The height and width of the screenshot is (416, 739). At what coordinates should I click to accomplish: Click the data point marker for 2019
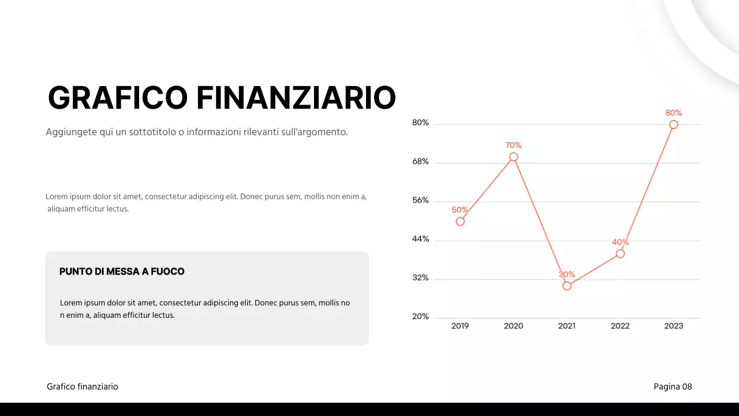pyautogui.click(x=460, y=221)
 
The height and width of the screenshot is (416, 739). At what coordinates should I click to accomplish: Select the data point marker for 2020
pyautogui.click(x=513, y=157)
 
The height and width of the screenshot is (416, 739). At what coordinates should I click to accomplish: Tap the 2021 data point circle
pyautogui.click(x=567, y=286)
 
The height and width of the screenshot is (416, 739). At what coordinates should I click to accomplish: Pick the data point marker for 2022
pyautogui.click(x=620, y=254)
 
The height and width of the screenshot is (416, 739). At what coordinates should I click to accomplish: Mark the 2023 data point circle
pyautogui.click(x=674, y=124)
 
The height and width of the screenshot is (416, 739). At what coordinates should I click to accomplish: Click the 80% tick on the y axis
pyautogui.click(x=420, y=122)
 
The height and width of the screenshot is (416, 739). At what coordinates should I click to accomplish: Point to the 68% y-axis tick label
pyautogui.click(x=420, y=162)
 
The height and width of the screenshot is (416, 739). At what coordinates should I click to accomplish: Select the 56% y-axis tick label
pyautogui.click(x=420, y=200)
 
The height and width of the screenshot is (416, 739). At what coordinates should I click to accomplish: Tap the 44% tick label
pyautogui.click(x=420, y=239)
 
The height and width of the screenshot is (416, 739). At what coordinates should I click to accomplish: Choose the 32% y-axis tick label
pyautogui.click(x=420, y=278)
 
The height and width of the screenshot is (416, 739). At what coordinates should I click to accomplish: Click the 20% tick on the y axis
pyautogui.click(x=420, y=317)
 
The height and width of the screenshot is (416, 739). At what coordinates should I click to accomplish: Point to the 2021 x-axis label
pyautogui.click(x=567, y=326)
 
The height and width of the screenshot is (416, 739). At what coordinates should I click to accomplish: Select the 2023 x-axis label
pyautogui.click(x=674, y=326)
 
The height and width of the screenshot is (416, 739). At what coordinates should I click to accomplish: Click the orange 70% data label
pyautogui.click(x=513, y=145)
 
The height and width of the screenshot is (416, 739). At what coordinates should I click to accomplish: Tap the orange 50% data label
pyautogui.click(x=460, y=210)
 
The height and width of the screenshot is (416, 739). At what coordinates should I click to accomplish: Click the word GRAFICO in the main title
pyautogui.click(x=118, y=98)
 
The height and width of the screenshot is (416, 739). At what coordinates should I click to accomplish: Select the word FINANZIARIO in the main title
pyautogui.click(x=296, y=98)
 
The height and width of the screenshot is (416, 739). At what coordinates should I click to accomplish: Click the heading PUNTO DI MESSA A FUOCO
pyautogui.click(x=122, y=272)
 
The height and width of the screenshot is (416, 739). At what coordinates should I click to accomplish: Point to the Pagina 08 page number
pyautogui.click(x=673, y=387)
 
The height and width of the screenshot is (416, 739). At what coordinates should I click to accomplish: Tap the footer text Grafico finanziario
pyautogui.click(x=83, y=387)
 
